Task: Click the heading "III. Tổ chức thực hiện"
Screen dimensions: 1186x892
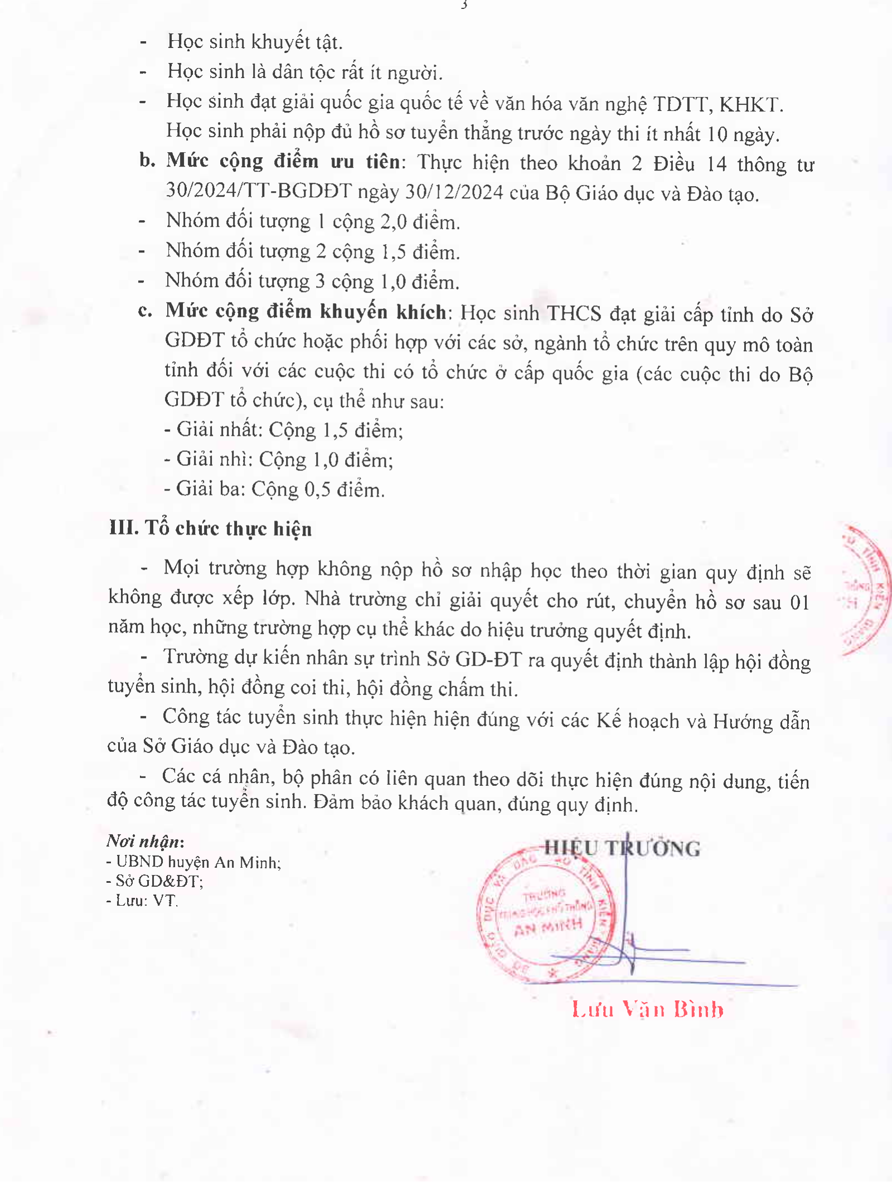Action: pyautogui.click(x=210, y=528)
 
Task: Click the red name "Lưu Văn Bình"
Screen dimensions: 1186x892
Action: pyautogui.click(x=648, y=1009)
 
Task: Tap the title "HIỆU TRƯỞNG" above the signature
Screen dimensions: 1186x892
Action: pyautogui.click(x=622, y=848)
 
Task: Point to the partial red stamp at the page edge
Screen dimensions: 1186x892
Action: pyautogui.click(x=867, y=588)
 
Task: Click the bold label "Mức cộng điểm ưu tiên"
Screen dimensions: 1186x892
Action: pyautogui.click(x=283, y=162)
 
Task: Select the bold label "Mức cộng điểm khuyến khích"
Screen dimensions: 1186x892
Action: pyautogui.click(x=306, y=312)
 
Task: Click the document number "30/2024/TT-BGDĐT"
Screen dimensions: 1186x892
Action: pyautogui.click(x=259, y=191)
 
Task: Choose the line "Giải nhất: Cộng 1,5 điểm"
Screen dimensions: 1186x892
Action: pyautogui.click(x=284, y=430)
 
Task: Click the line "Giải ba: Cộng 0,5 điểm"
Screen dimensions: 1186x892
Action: pyautogui.click(x=275, y=489)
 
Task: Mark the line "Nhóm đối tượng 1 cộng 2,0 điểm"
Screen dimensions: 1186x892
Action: pyautogui.click(x=313, y=222)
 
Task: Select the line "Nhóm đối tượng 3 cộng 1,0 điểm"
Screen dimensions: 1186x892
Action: pyautogui.click(x=312, y=281)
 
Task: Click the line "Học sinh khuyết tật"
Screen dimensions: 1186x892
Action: pyautogui.click(x=255, y=42)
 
